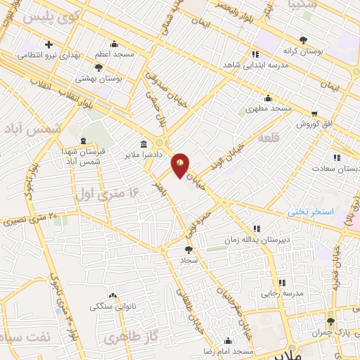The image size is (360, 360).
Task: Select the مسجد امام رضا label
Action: (228, 350)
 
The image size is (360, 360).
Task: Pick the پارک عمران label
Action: (330, 330)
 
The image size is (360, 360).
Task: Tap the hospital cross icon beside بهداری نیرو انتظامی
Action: (48, 45)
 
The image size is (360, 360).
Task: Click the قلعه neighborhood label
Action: (269, 138)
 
